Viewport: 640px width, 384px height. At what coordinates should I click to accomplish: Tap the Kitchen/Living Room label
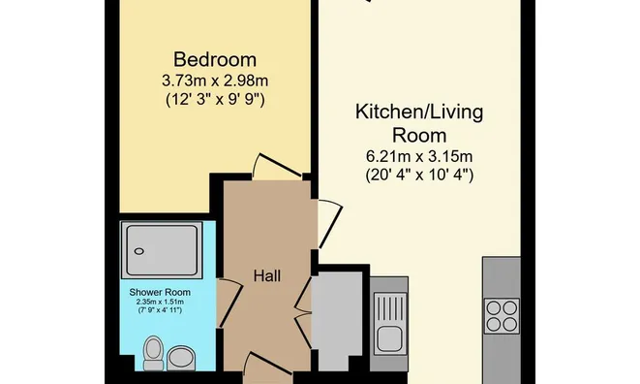418,123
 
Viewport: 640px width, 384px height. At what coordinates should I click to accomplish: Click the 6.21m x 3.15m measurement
418,156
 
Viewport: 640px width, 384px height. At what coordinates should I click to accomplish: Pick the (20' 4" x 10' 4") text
418,176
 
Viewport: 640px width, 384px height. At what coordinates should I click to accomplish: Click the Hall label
267,276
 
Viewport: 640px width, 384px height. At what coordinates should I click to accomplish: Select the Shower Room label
160,292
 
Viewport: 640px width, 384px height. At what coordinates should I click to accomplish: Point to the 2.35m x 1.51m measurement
160,303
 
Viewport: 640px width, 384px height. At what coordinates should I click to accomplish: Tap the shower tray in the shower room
160,250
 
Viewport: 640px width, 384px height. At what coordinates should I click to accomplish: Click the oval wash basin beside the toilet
180,358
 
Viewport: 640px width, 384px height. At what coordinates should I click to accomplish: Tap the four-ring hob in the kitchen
503,315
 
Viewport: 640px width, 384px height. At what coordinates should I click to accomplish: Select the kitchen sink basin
391,339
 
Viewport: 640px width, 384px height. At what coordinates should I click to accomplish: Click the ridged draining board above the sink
391,303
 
